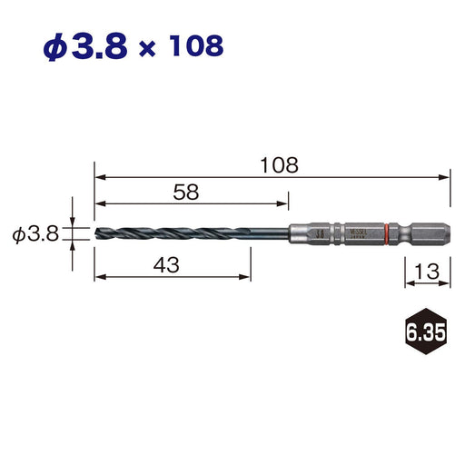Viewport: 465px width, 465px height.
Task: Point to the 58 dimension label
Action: (185, 193)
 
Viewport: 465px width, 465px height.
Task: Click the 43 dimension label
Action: (165, 265)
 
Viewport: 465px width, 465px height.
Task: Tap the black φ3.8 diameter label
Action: (35, 235)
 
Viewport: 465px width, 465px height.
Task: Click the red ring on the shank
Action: (388, 234)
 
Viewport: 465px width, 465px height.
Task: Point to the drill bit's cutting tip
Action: (96, 234)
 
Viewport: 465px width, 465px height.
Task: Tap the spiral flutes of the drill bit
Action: (173, 234)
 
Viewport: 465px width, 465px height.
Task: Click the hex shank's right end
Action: (447, 234)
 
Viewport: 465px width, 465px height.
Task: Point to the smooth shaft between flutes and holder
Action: (268, 234)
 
